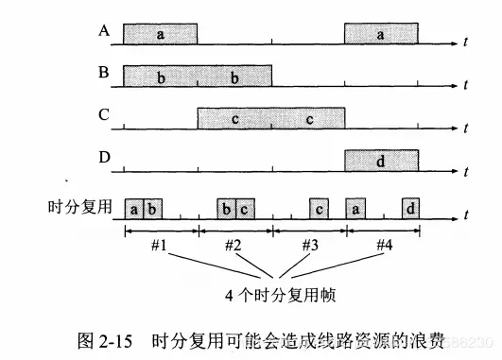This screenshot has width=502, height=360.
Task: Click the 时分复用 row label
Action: [x=80, y=205]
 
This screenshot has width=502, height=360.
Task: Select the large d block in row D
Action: [x=381, y=162]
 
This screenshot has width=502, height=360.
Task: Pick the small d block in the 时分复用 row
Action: [x=412, y=207]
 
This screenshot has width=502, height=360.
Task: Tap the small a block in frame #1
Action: [x=134, y=207]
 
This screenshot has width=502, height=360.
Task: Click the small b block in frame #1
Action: [x=151, y=207]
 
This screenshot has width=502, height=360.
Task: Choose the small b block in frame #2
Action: [x=226, y=207]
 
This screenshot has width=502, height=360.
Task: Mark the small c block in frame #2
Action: [x=243, y=207]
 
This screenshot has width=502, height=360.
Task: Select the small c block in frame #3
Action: [x=320, y=207]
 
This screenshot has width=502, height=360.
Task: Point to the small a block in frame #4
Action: [x=355, y=207]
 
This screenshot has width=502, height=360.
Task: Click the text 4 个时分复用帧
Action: [x=268, y=294]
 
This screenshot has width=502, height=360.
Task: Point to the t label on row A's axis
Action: [x=465, y=43]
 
